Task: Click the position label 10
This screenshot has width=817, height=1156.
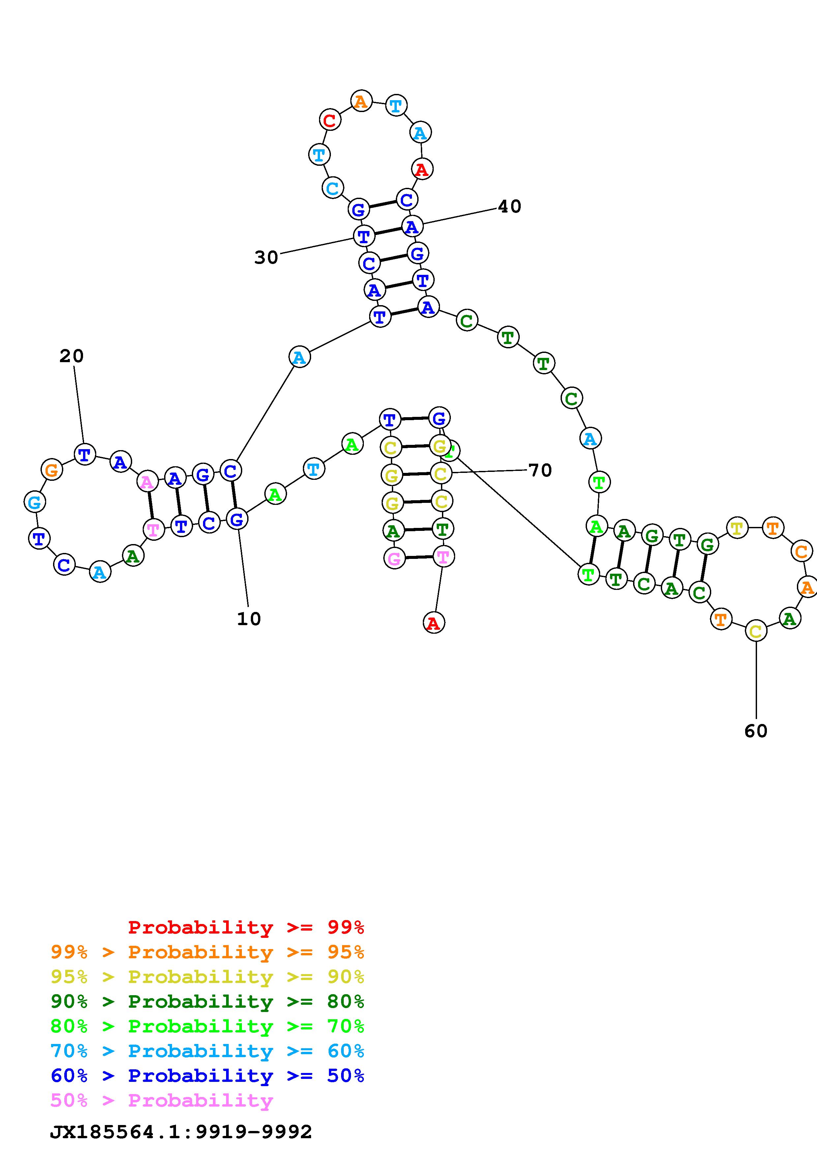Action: pos(249,619)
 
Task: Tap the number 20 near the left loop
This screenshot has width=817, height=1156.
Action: pos(72,356)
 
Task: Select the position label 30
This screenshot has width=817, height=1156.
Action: pos(266,257)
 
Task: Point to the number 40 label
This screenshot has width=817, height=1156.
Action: pos(510,206)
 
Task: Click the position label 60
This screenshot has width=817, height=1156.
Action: pos(756,731)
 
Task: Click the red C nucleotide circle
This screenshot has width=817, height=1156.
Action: pos(330,120)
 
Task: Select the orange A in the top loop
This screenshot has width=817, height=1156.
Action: pos(361,101)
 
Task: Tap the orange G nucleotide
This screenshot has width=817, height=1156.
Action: pos(51,470)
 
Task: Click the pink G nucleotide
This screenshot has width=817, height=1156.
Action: pos(394,558)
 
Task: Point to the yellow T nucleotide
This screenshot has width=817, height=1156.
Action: pos(737,528)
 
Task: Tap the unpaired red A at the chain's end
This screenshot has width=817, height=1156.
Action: pos(433,623)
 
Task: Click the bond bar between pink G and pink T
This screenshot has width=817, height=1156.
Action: pos(418,557)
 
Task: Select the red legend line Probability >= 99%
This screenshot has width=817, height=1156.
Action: pos(246,927)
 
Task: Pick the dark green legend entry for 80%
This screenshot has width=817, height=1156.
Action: pos(207,1002)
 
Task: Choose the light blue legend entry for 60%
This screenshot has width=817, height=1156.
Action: pos(207,1051)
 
